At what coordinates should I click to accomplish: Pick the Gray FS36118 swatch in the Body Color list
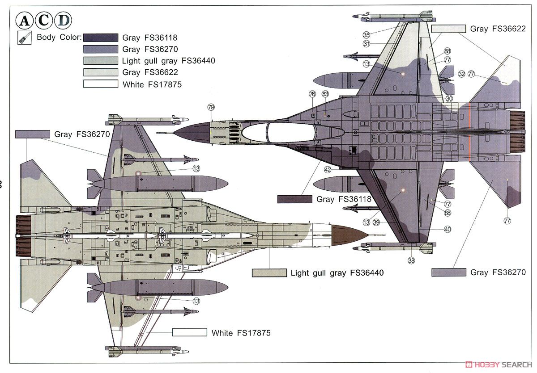pyautogui.click(x=101, y=38)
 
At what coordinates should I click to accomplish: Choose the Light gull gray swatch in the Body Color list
pyautogui.click(x=101, y=61)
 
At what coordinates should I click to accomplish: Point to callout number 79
pyautogui.click(x=211, y=107)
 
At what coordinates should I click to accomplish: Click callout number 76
pyautogui.click(x=312, y=94)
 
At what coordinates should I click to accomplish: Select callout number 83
pyautogui.click(x=325, y=94)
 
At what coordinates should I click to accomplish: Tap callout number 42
pyautogui.click(x=328, y=169)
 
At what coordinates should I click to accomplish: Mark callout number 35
pyautogui.click(x=366, y=35)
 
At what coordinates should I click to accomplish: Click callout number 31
pyautogui.click(x=367, y=44)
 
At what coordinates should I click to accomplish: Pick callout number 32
pyautogui.click(x=462, y=74)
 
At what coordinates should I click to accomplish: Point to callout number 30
pyautogui.click(x=449, y=98)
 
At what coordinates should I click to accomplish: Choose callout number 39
pyautogui.click(x=376, y=222)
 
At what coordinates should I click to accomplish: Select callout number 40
pyautogui.click(x=447, y=229)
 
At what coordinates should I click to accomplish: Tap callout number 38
pyautogui.click(x=411, y=260)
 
